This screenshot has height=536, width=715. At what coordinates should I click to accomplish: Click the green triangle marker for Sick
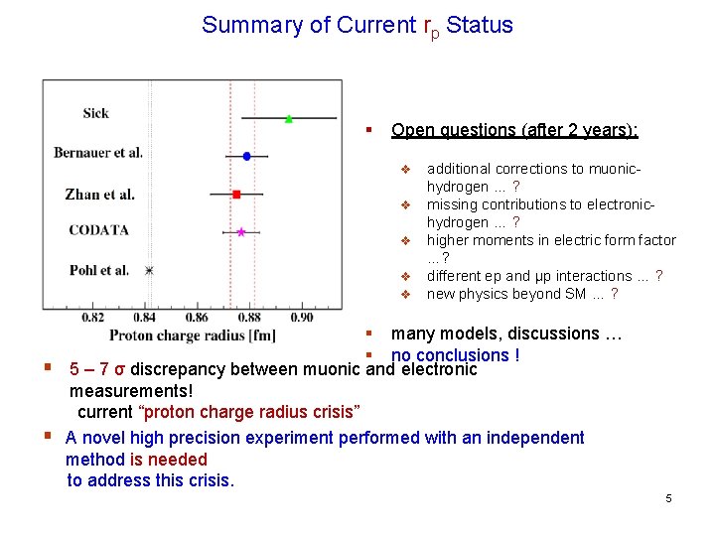289,118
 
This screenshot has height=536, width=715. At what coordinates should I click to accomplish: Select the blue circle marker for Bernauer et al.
246,156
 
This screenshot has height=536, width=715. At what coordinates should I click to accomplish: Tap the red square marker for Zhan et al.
236,194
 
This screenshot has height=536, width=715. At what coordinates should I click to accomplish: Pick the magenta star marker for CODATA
241,232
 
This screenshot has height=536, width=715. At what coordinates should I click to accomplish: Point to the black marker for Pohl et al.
150,270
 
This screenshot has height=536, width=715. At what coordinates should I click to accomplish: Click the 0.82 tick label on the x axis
91,318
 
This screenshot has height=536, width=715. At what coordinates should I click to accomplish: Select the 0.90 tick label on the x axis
302,318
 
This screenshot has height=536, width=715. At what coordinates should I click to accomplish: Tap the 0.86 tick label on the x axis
197,318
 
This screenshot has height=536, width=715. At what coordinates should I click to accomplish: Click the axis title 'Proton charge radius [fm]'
193,335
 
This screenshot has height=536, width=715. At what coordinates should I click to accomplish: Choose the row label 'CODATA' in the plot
98,230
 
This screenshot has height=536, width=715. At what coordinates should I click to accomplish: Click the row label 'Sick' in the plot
95,113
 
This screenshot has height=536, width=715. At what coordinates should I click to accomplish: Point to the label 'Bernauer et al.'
98,153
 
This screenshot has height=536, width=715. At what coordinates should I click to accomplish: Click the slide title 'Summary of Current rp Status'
357,26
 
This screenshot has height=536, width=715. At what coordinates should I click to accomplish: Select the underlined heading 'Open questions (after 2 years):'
514,130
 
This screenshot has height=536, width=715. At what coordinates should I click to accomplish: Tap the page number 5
668,498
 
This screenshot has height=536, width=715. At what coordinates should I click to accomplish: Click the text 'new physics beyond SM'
506,294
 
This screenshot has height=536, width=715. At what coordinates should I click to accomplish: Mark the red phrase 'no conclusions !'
456,355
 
